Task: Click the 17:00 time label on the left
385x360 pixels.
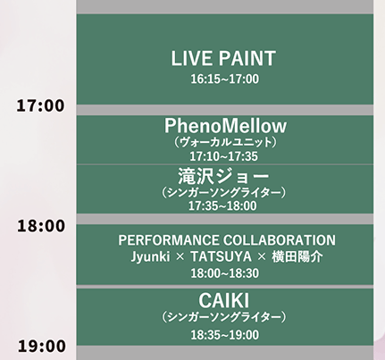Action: pos(40,105)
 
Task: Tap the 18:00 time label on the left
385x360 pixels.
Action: pos(41,226)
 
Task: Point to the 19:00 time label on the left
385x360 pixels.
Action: pos(42,346)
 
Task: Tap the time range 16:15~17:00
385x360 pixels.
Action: pos(225,80)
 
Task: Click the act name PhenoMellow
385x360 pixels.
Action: pos(225,126)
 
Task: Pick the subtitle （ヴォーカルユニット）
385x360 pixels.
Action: pos(225,142)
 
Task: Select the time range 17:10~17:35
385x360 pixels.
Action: pos(224,156)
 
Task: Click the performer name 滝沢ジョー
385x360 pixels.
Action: pos(223,176)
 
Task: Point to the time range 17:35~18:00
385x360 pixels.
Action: pos(222,205)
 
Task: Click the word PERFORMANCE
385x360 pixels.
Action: pos(169,240)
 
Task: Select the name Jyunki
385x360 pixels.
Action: pos(150,256)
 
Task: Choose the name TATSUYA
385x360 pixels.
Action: pos(221,256)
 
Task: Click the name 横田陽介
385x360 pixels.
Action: pos(297,256)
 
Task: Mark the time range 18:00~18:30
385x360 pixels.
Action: pos(225,273)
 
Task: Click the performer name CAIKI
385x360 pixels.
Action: pos(223,301)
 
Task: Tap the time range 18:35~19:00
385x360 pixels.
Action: pos(225,335)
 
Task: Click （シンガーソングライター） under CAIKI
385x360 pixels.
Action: pos(224,317)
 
